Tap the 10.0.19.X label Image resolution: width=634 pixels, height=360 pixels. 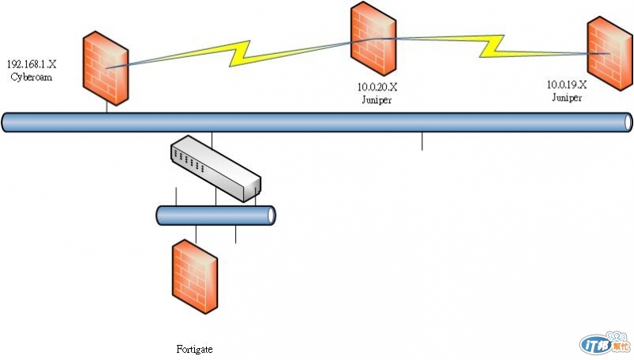coord(567,85)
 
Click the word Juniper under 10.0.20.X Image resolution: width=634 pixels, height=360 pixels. coord(376,101)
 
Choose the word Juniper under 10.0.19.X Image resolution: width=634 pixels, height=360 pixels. coord(567,97)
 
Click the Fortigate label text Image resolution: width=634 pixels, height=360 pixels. coord(195,348)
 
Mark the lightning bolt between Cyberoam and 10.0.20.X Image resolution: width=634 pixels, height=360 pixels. coord(238,52)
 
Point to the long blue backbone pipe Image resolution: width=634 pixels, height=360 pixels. coord(317,122)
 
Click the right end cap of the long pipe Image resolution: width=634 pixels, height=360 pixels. coord(628,122)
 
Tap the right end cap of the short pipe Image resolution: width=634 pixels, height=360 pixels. coord(271,215)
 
